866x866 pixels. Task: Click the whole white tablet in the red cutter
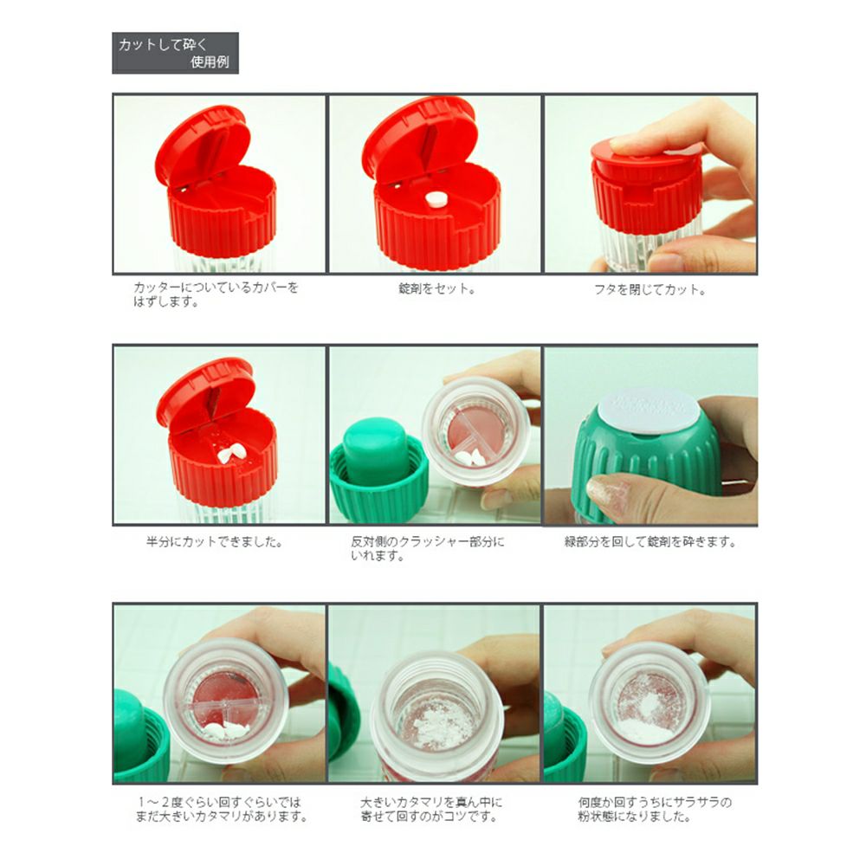436,199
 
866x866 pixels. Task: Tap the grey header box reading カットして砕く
175,53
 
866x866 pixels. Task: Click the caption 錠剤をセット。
436,288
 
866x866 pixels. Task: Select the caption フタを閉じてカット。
649,289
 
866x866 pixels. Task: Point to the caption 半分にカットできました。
214,542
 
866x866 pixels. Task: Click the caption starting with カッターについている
216,294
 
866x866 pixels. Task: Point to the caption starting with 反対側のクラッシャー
428,548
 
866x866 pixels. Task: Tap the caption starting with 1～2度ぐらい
221,809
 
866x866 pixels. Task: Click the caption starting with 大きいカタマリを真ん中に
431,809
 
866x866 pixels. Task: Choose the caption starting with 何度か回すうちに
655,809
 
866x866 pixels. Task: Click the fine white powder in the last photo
647,718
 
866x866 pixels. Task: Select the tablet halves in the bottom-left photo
226,730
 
